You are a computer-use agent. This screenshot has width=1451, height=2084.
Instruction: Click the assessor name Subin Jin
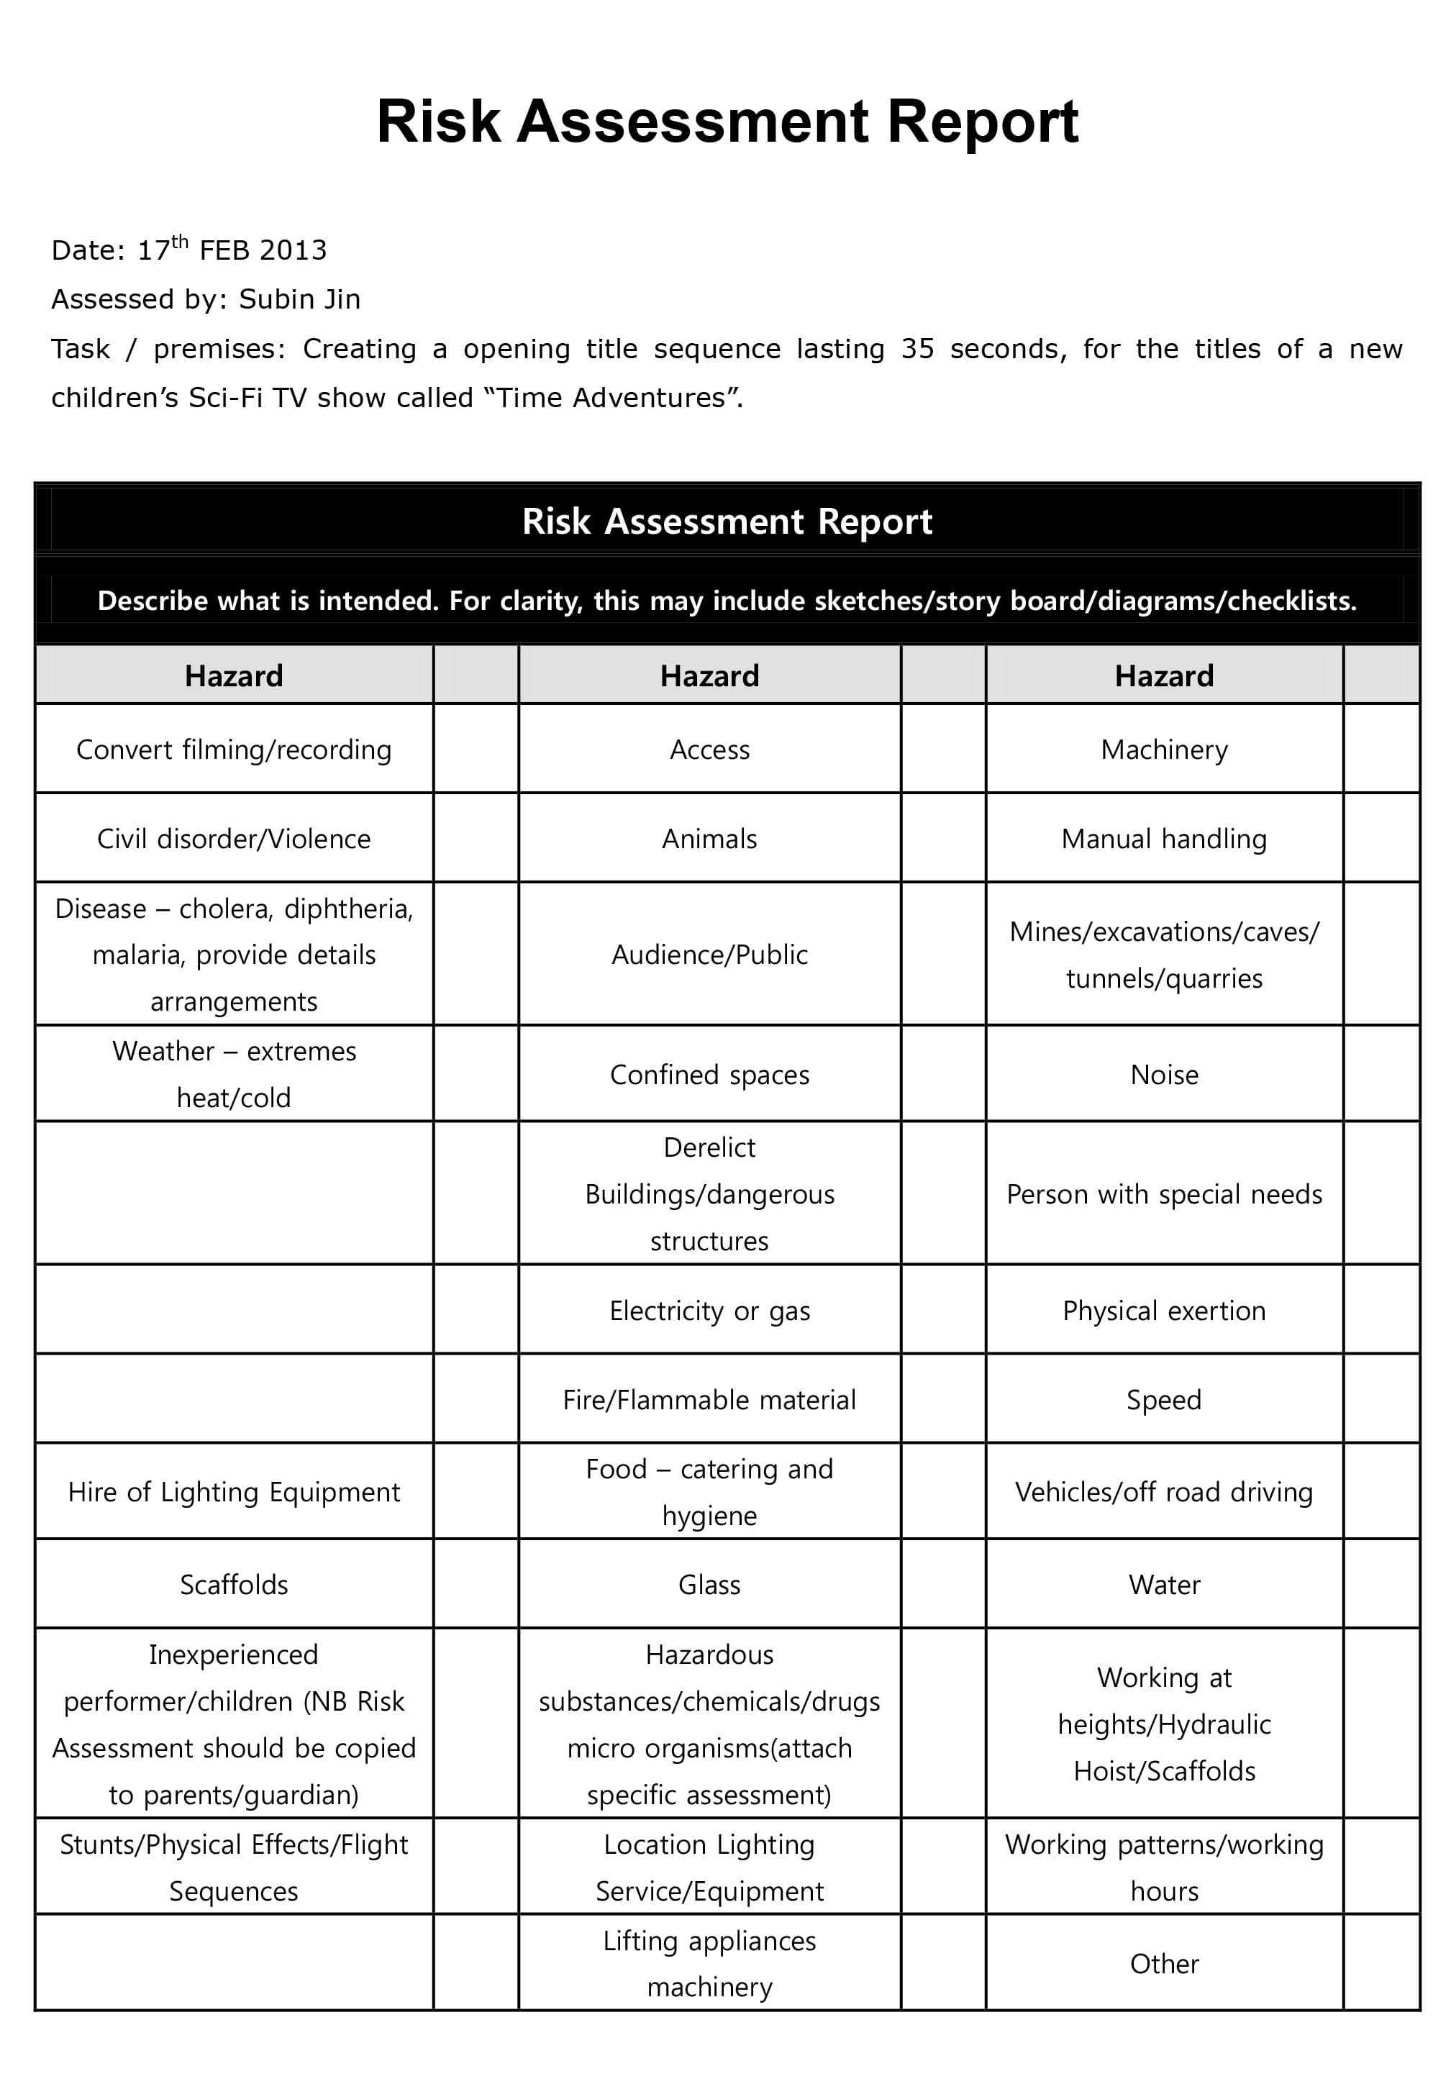pos(299,299)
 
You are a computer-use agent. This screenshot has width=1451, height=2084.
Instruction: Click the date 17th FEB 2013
pos(232,250)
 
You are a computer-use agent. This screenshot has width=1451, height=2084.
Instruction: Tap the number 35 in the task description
pos(917,349)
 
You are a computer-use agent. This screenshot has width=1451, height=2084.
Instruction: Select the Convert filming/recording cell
pos(234,750)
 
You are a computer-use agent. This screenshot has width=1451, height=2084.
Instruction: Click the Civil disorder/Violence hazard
pos(234,839)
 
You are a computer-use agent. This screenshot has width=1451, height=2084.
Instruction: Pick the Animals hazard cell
pos(709,839)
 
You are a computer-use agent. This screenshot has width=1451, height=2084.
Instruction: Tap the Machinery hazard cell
pos(1164,750)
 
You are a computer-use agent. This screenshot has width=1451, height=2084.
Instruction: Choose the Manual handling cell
pos(1164,839)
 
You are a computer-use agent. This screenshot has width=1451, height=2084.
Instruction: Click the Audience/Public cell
pos(709,955)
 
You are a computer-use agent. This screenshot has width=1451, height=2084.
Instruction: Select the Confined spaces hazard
pos(709,1075)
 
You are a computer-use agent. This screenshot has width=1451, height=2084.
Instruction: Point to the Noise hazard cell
pos(1164,1075)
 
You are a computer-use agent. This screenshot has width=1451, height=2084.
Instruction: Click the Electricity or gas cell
pos(709,1311)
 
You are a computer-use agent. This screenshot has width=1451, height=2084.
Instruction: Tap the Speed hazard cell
pos(1164,1400)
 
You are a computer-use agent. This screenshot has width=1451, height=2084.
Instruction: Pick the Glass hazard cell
pos(709,1585)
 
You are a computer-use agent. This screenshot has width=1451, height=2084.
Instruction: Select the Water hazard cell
pos(1164,1585)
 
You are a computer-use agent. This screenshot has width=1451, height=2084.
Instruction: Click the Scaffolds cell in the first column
pos(234,1585)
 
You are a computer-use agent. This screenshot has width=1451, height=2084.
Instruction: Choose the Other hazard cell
pos(1164,1964)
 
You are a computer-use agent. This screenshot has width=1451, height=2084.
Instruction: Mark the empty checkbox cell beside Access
pos(943,750)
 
